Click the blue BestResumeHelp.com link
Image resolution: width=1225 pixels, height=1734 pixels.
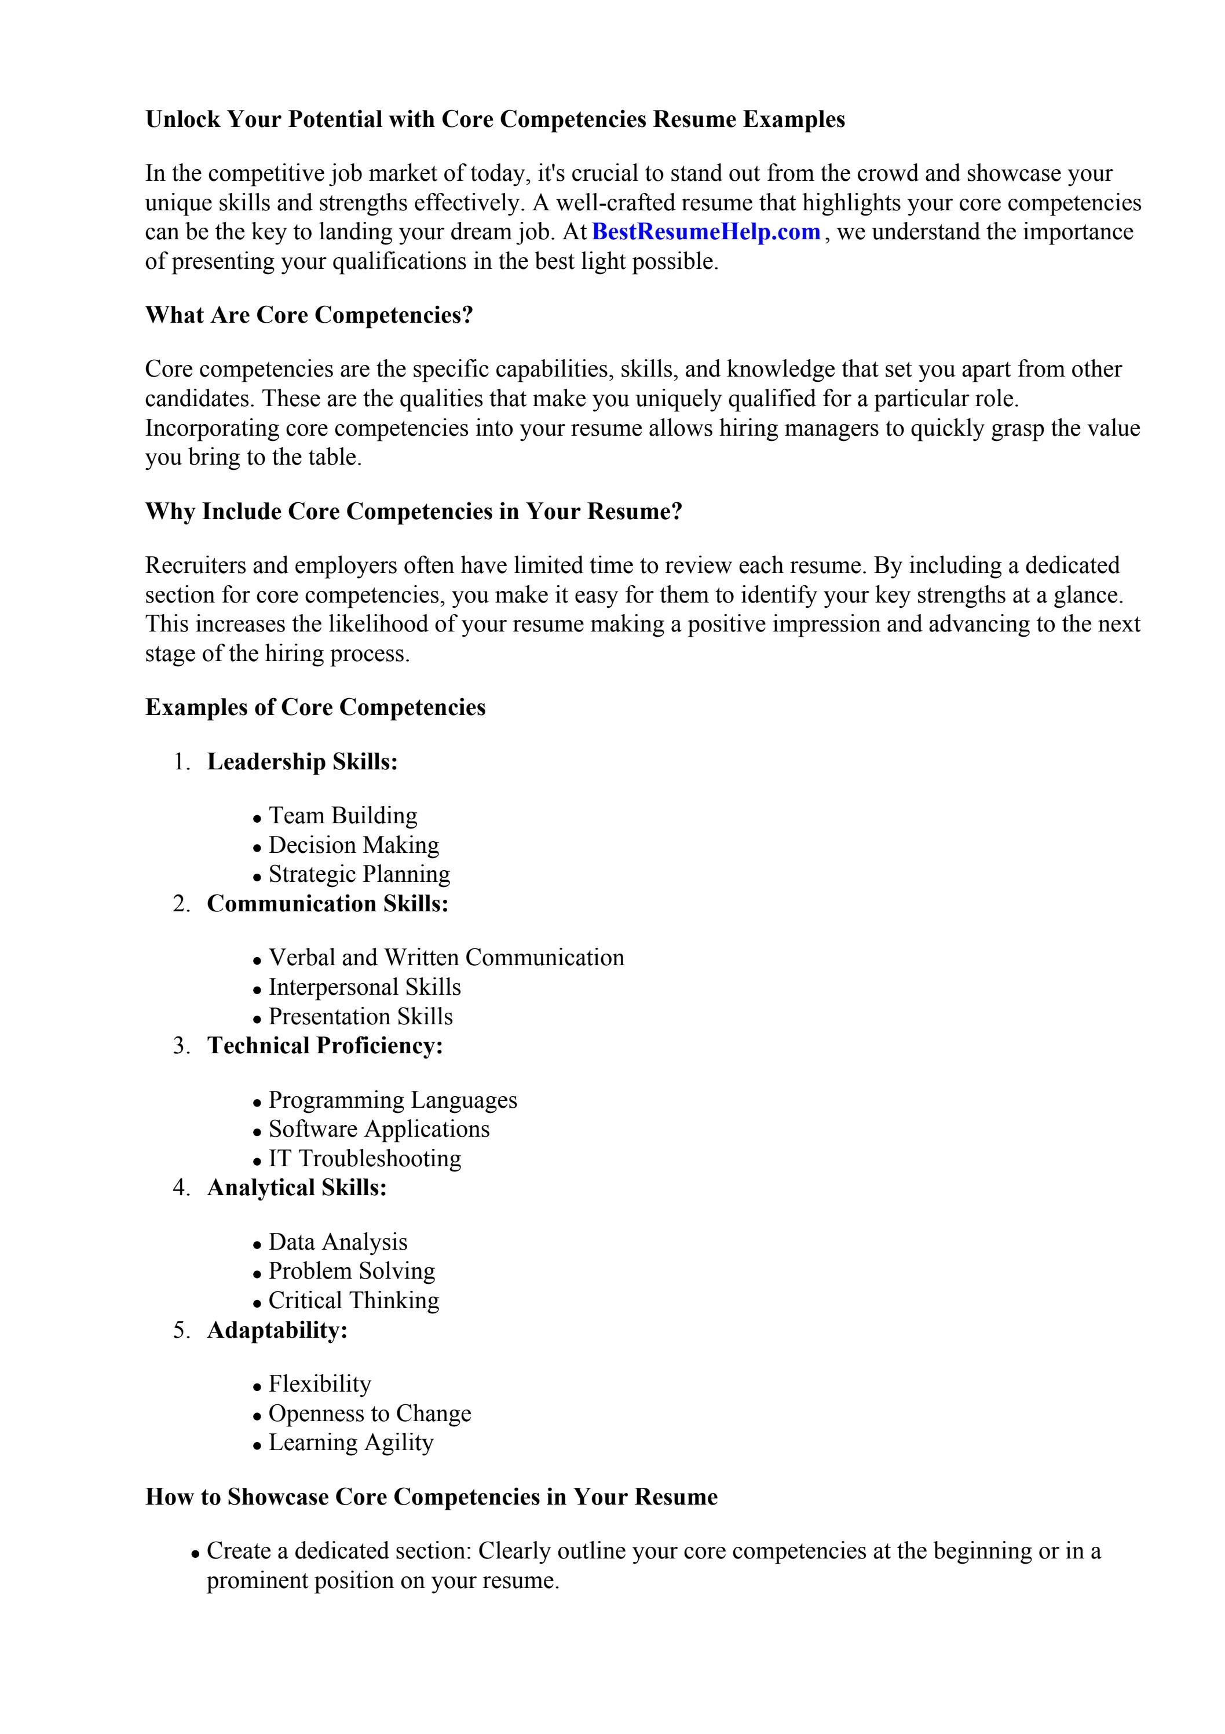705,232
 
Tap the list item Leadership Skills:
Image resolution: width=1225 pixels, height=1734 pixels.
302,762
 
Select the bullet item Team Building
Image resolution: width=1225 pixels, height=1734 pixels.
343,816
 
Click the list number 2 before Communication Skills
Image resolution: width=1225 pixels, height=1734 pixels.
181,904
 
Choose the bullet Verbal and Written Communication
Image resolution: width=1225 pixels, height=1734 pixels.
445,958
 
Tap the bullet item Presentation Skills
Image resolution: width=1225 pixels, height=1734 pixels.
360,1017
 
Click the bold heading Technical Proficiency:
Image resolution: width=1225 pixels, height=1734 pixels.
325,1046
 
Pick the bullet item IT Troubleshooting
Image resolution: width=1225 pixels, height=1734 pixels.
364,1159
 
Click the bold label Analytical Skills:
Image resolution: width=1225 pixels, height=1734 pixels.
297,1188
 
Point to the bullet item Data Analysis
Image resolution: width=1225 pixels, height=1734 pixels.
338,1242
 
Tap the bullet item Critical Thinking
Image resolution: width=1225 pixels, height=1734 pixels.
353,1301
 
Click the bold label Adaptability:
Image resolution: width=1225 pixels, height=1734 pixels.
277,1330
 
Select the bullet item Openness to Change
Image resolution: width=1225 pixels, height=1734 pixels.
370,1414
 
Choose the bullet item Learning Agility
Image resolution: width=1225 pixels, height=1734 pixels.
350,1443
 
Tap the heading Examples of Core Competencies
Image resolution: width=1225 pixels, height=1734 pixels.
315,707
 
